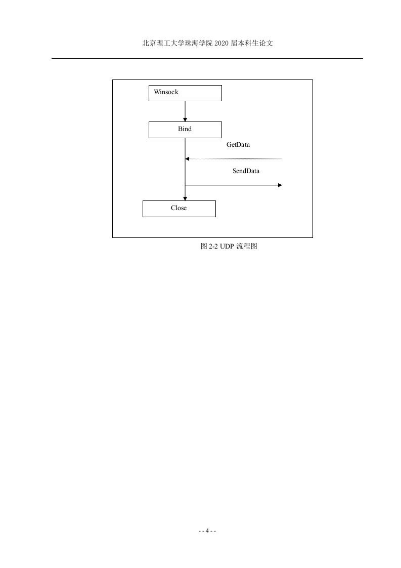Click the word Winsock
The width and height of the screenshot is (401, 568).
166,92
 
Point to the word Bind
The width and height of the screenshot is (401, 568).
185,129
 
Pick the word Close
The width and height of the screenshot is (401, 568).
179,208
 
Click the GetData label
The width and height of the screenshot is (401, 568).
238,145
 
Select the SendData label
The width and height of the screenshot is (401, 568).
246,171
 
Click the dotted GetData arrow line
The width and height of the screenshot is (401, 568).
234,158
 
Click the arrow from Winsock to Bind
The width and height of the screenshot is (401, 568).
185,111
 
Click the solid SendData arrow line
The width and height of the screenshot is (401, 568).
234,185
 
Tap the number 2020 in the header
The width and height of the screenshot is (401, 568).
221,43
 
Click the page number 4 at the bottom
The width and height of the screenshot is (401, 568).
207,531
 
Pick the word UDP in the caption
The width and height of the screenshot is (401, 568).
227,247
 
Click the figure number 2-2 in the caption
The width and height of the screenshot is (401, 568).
213,247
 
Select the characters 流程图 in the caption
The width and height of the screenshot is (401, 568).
247,247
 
